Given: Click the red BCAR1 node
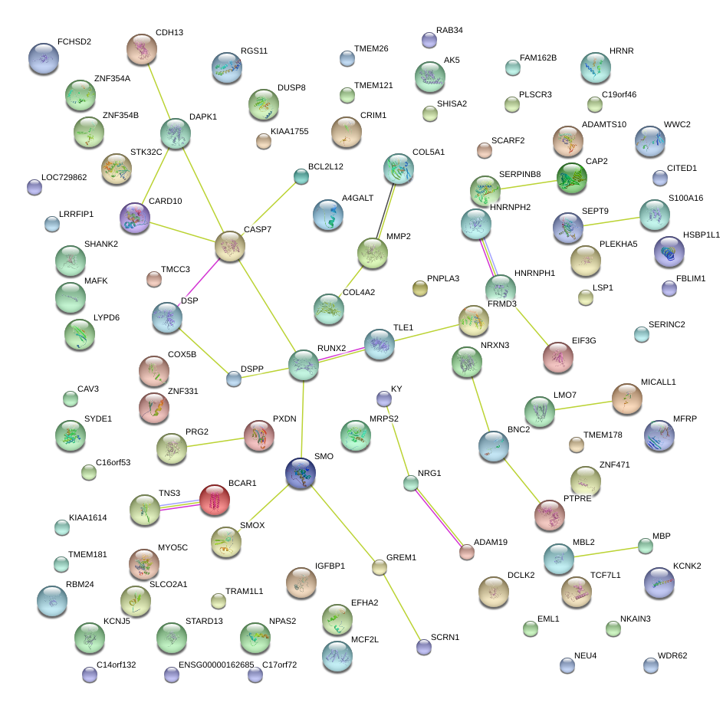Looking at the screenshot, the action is [215, 500].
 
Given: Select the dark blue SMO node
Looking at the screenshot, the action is [301, 473].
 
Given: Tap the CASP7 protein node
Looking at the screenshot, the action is [229, 246].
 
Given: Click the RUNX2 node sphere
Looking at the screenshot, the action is [304, 365].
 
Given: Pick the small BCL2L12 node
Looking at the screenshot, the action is [301, 176].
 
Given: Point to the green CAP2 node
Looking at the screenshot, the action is [572, 178].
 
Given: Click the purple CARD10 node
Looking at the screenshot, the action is [135, 218].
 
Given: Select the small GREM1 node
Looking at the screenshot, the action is [379, 567].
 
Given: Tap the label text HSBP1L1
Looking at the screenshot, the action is [701, 235].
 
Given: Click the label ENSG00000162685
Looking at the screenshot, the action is [216, 665].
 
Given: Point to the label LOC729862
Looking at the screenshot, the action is [64, 178].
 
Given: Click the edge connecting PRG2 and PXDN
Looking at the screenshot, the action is [215, 442].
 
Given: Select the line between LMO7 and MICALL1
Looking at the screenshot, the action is [583, 405].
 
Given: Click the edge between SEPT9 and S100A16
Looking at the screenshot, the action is [611, 222].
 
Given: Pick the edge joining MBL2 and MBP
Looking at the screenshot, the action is [606, 552].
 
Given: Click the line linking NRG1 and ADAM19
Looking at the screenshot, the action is [438, 517].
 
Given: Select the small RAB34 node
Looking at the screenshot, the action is [429, 40].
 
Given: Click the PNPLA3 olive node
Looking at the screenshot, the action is [419, 288].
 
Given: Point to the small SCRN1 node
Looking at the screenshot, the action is [424, 647].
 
